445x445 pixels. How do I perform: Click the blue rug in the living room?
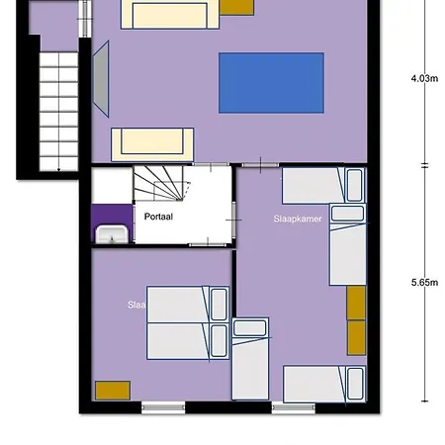pyautogui.click(x=270, y=83)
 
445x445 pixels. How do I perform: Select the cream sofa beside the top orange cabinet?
pyautogui.click(x=165, y=14)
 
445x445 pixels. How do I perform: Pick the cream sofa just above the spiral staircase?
pyautogui.click(x=151, y=143)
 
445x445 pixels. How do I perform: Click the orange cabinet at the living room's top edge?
pyautogui.click(x=235, y=7)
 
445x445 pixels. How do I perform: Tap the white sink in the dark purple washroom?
pyautogui.click(x=111, y=233)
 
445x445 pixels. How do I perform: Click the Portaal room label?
pyautogui.click(x=159, y=216)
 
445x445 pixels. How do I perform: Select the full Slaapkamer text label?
pyautogui.click(x=298, y=218)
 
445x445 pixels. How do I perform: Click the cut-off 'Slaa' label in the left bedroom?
pyautogui.click(x=136, y=305)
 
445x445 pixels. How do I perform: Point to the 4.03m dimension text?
pyautogui.click(x=424, y=79)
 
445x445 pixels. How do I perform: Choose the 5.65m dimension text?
pyautogui.click(x=424, y=282)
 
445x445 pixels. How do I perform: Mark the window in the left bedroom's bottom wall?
pyautogui.click(x=162, y=406)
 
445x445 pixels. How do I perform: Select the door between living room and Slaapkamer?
pyautogui.click(x=259, y=164)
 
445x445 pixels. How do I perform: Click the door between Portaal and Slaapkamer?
pyautogui.click(x=234, y=216)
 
